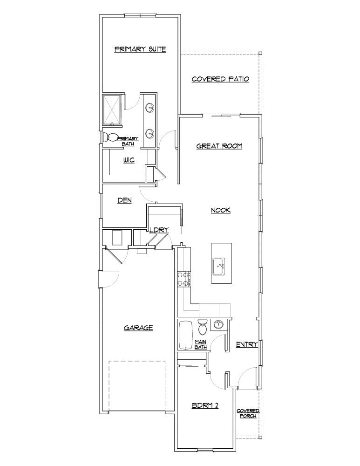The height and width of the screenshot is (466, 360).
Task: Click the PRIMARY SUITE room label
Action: pyautogui.click(x=140, y=49)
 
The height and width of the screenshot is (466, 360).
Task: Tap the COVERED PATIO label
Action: pyautogui.click(x=220, y=79)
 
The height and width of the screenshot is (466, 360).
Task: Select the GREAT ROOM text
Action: pyautogui.click(x=219, y=146)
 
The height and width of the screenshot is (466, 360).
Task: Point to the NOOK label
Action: pyautogui.click(x=221, y=211)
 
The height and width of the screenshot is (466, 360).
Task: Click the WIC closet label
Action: pyautogui.click(x=129, y=160)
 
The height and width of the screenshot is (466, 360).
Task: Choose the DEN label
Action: pyautogui.click(x=124, y=200)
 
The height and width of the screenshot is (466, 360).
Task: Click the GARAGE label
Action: pyautogui.click(x=138, y=328)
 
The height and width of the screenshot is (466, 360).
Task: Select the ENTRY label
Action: pyautogui.click(x=247, y=344)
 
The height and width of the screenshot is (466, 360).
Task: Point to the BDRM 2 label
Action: pyautogui.click(x=205, y=405)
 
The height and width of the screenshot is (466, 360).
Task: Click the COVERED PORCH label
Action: pyautogui.click(x=248, y=413)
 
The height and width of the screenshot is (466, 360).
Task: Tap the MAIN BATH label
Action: pyautogui.click(x=201, y=344)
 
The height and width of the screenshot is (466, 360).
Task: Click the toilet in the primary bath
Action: pyautogui.click(x=110, y=137)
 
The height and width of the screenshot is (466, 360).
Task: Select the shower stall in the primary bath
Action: pyautogui.click(x=112, y=110)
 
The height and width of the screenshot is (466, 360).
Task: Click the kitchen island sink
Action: pyautogui.click(x=218, y=267)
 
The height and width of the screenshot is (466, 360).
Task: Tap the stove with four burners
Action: pyautogui.click(x=182, y=279)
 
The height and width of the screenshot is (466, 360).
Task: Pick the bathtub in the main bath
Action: pyautogui.click(x=186, y=335)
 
